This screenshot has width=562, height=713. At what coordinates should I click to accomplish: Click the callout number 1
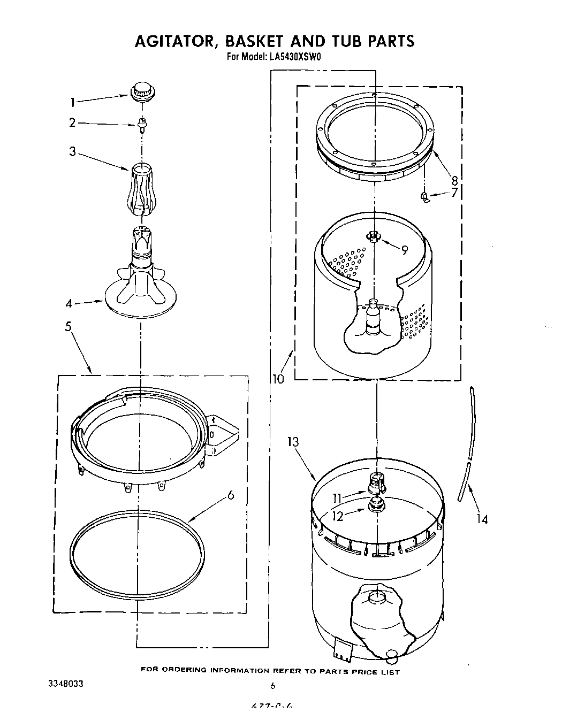coord(73,102)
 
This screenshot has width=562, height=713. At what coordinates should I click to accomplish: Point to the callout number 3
coord(73,151)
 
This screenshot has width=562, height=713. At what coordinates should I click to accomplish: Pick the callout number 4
coord(69,304)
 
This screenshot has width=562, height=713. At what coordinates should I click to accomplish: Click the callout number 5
coord(69,326)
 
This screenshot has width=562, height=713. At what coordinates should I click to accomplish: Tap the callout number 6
coord(231,495)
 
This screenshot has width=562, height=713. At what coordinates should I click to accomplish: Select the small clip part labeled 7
coord(426,198)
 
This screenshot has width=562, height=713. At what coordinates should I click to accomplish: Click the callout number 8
coord(454,179)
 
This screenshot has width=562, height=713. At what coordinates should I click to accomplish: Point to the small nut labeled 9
coord(374,236)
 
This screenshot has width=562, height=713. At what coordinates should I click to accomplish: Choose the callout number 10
coord(278,379)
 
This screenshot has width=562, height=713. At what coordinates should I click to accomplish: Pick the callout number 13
coord(293,442)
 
